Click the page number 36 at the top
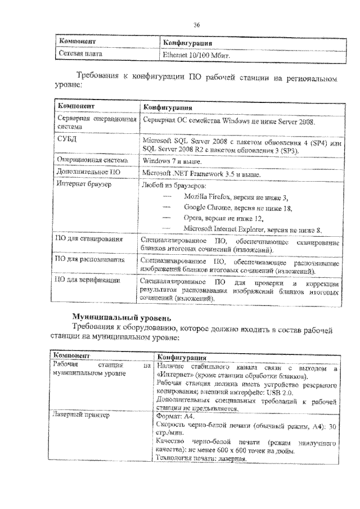pos(197,24)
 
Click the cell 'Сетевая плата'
pos(79,55)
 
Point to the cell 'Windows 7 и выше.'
pos(169,161)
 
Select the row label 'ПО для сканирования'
pos(89,240)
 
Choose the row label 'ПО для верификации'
pos(87,280)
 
